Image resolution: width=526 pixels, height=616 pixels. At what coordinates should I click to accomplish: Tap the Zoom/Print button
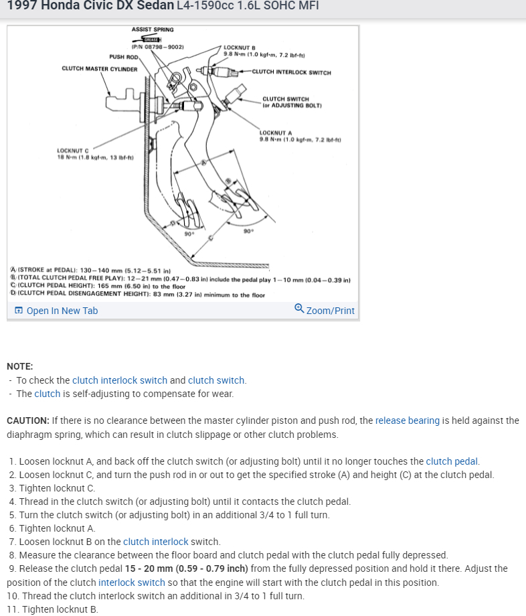[325, 310]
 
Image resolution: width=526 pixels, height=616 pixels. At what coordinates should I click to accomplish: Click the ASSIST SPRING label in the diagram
[153, 29]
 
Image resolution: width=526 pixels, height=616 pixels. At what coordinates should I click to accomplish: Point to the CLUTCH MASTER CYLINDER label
[99, 68]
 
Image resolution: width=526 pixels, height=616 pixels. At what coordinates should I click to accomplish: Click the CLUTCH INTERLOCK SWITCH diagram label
[291, 72]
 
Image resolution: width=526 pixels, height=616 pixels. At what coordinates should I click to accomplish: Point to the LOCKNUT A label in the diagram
[276, 133]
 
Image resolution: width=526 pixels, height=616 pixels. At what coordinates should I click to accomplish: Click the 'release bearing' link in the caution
[408, 420]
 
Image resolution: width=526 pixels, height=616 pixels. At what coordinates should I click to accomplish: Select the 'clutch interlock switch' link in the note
[120, 380]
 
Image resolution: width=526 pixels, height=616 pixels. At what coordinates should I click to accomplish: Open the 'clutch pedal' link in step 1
[452, 461]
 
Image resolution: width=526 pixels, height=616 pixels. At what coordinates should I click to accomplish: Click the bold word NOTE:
[19, 366]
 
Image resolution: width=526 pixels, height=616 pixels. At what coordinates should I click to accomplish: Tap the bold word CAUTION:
[27, 420]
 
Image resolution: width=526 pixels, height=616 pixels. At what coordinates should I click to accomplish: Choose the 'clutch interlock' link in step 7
[155, 542]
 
